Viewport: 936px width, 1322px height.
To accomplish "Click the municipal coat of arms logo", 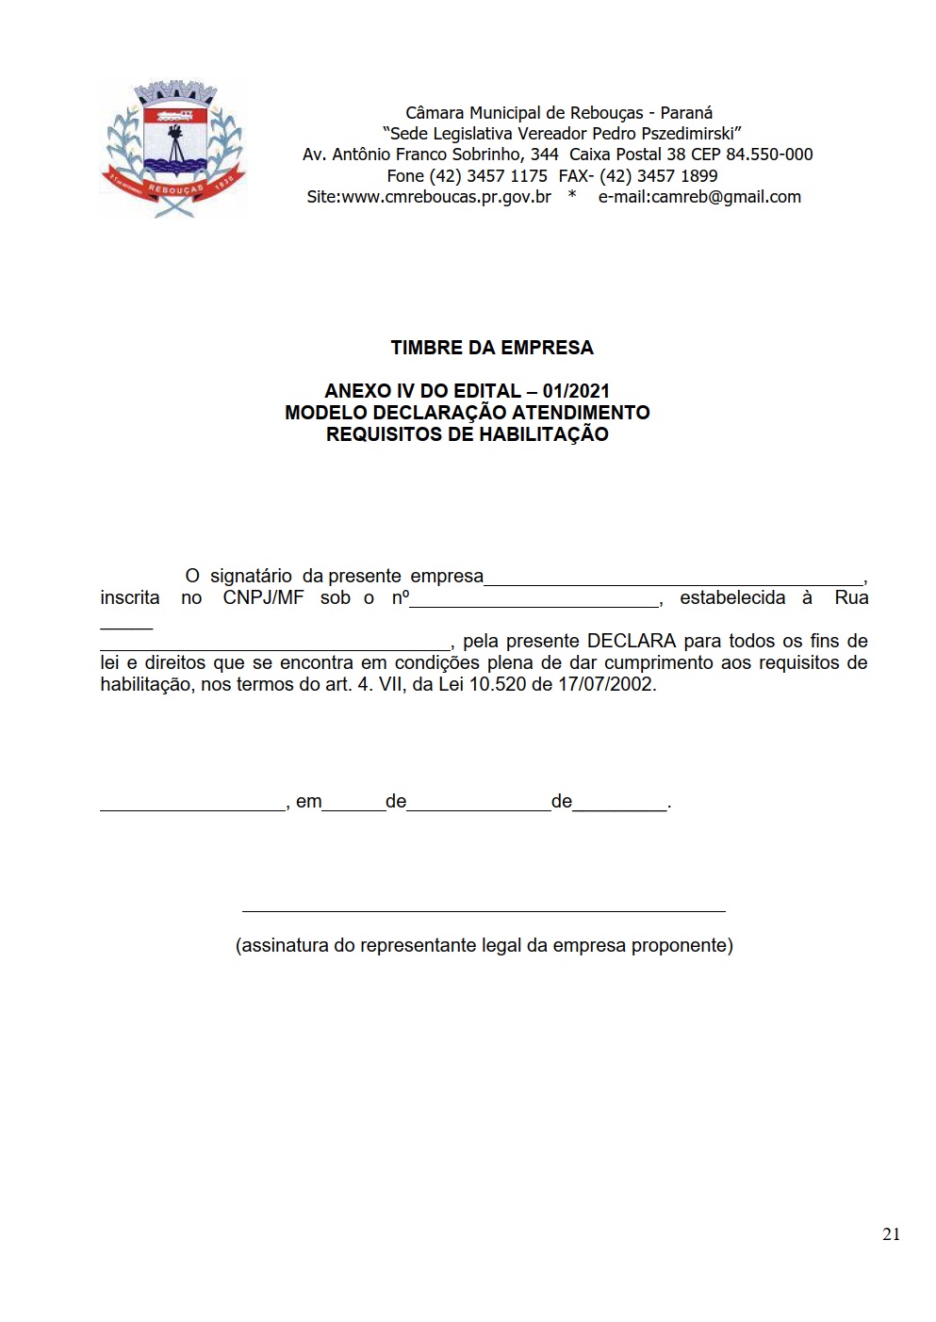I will [x=172, y=148].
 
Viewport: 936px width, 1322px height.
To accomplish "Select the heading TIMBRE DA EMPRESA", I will [x=492, y=348].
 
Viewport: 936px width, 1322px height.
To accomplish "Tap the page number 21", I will [x=891, y=1234].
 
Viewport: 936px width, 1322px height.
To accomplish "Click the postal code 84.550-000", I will [x=769, y=155].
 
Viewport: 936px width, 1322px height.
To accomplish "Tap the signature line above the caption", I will [x=484, y=910].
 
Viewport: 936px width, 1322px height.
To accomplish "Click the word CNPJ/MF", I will [x=263, y=598].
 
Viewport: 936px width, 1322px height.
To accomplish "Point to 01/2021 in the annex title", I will [x=576, y=391].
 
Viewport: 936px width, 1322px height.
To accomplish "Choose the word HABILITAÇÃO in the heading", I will [x=544, y=434].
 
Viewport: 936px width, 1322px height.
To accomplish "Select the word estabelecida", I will [x=732, y=598].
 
